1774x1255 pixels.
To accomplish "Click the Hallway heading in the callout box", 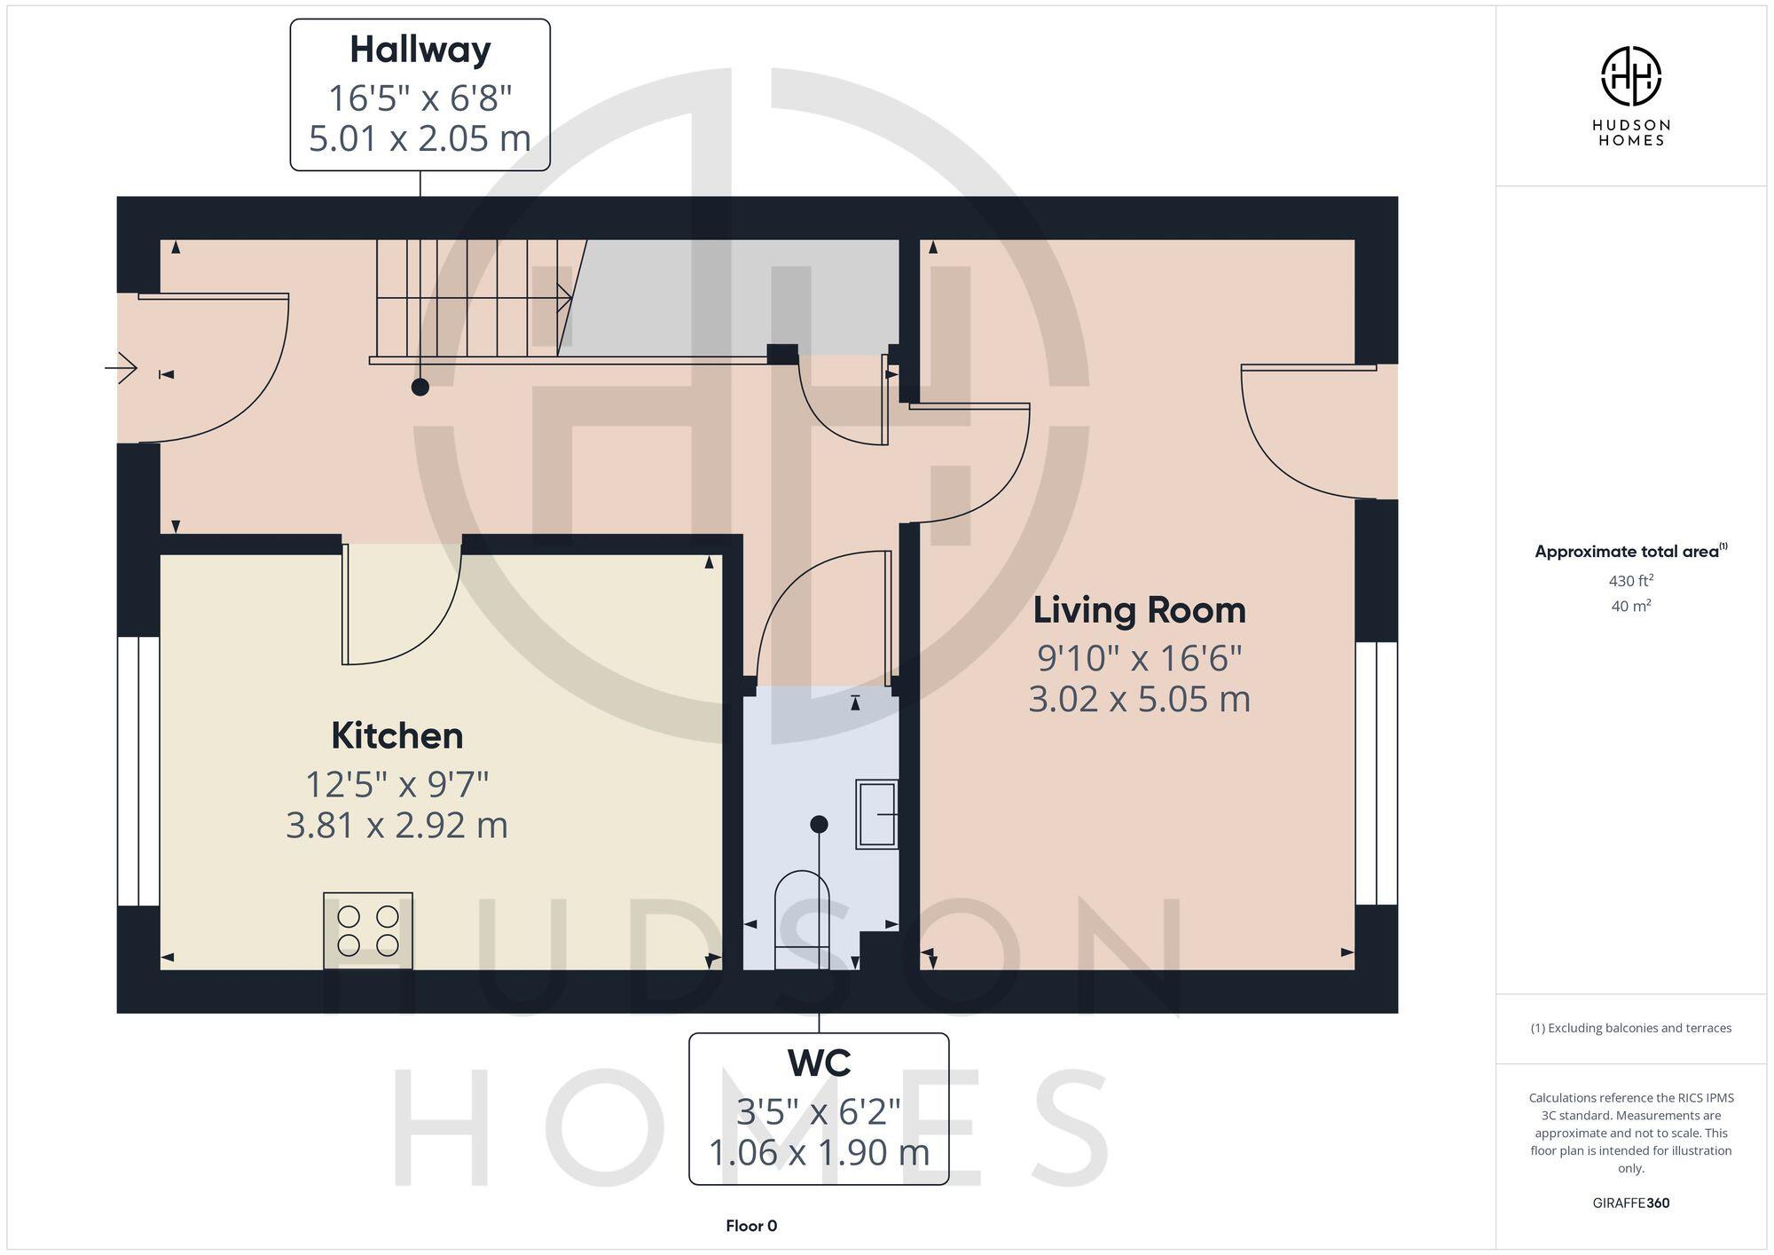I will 420,50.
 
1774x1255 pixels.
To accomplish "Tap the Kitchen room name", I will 396,735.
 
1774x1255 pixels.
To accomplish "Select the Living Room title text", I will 1139,610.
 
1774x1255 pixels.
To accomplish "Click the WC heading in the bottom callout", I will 818,1063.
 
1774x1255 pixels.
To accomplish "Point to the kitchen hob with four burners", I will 368,930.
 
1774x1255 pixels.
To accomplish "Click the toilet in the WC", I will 802,918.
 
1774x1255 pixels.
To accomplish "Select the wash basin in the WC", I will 876,813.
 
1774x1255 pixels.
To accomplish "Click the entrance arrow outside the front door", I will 122,367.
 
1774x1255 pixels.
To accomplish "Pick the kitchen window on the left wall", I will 138,770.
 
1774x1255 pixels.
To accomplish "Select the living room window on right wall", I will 1376,773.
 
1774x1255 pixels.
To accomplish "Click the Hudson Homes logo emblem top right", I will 1630,76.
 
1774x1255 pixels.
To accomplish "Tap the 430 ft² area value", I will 1630,581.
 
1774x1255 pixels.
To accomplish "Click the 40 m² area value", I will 1630,607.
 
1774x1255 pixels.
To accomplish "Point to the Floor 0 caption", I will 750,1226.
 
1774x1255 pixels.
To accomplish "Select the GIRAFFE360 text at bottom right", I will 1630,1203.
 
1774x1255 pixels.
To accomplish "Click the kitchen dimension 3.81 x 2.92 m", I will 396,825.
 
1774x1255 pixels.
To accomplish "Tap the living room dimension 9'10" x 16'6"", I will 1139,658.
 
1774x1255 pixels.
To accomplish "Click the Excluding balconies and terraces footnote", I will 1630,1028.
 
